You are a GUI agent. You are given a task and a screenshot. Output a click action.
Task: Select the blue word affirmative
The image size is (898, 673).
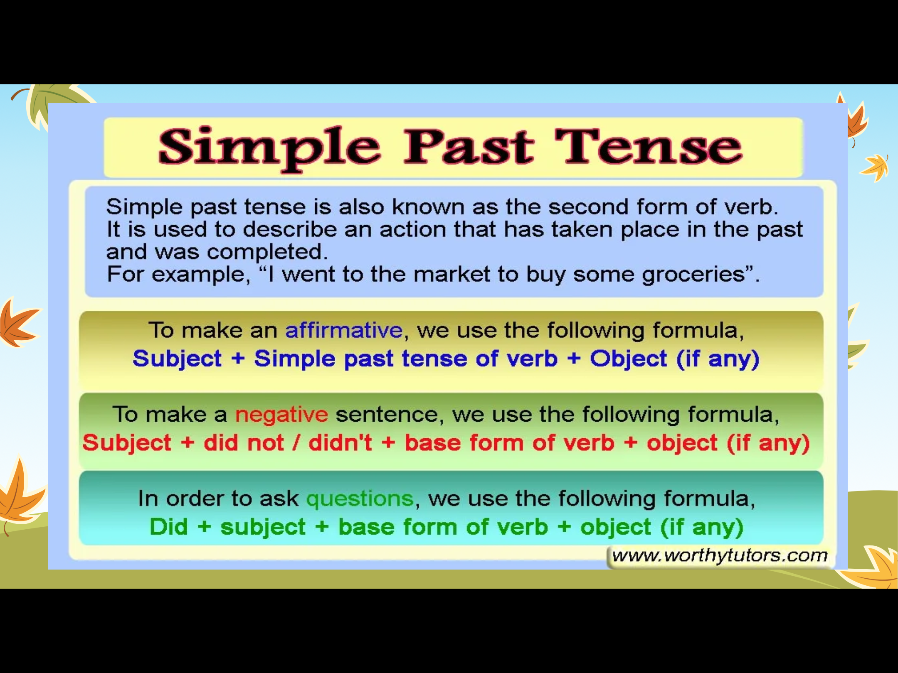(344, 330)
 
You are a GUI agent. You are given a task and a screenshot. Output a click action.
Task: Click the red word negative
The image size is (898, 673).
(281, 415)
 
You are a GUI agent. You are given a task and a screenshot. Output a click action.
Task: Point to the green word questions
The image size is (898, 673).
(360, 499)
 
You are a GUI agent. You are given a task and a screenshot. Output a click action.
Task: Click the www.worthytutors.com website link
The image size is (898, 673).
(720, 555)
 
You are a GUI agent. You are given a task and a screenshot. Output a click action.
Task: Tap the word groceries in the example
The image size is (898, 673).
(693, 274)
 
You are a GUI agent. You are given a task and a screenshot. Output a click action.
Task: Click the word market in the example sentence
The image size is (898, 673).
(452, 274)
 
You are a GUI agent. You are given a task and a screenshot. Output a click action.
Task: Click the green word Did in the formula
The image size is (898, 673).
(169, 527)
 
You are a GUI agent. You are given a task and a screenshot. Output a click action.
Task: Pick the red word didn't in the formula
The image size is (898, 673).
(340, 442)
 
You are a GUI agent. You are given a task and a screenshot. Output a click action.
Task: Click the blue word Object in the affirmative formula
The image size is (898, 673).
(628, 359)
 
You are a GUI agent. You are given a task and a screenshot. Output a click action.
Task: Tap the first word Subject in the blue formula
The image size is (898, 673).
(177, 359)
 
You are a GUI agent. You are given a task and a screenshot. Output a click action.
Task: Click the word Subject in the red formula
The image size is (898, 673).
(127, 443)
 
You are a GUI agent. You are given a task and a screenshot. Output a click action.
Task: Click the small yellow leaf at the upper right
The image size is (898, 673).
(875, 167)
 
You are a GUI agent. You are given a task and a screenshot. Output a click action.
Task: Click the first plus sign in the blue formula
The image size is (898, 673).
(238, 359)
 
